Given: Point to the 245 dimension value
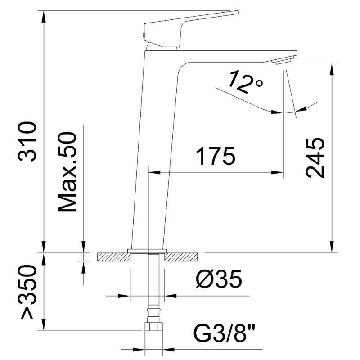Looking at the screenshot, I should point(315,157).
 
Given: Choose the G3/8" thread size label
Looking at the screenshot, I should point(224,334).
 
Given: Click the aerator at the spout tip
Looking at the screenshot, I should point(283,61).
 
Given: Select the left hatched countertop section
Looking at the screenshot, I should point(112,257).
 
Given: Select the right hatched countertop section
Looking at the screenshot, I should point(182,257).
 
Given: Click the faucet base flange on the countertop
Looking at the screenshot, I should point(147,251).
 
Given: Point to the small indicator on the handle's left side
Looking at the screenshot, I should point(143,35).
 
